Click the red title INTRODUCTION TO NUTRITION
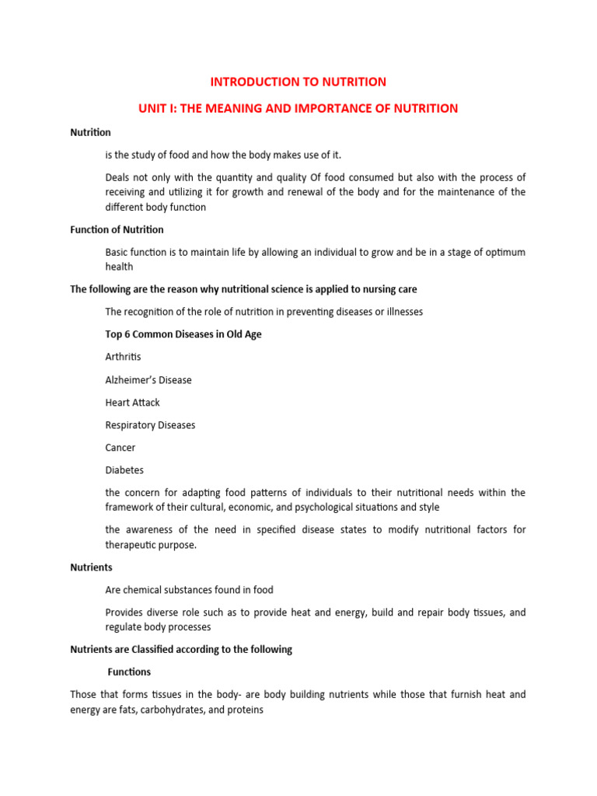[298, 82]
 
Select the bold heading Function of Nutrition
[117, 229]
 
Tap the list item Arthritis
[124, 357]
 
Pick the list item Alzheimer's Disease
[148, 380]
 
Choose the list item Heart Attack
[133, 403]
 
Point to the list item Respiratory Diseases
[150, 425]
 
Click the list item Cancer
[120, 448]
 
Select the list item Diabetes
[124, 470]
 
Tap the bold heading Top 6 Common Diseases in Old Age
[183, 334]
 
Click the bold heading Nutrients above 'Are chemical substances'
[91, 567]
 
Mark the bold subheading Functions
[129, 672]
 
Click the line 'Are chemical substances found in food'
[189, 590]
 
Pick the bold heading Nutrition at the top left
[90, 132]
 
